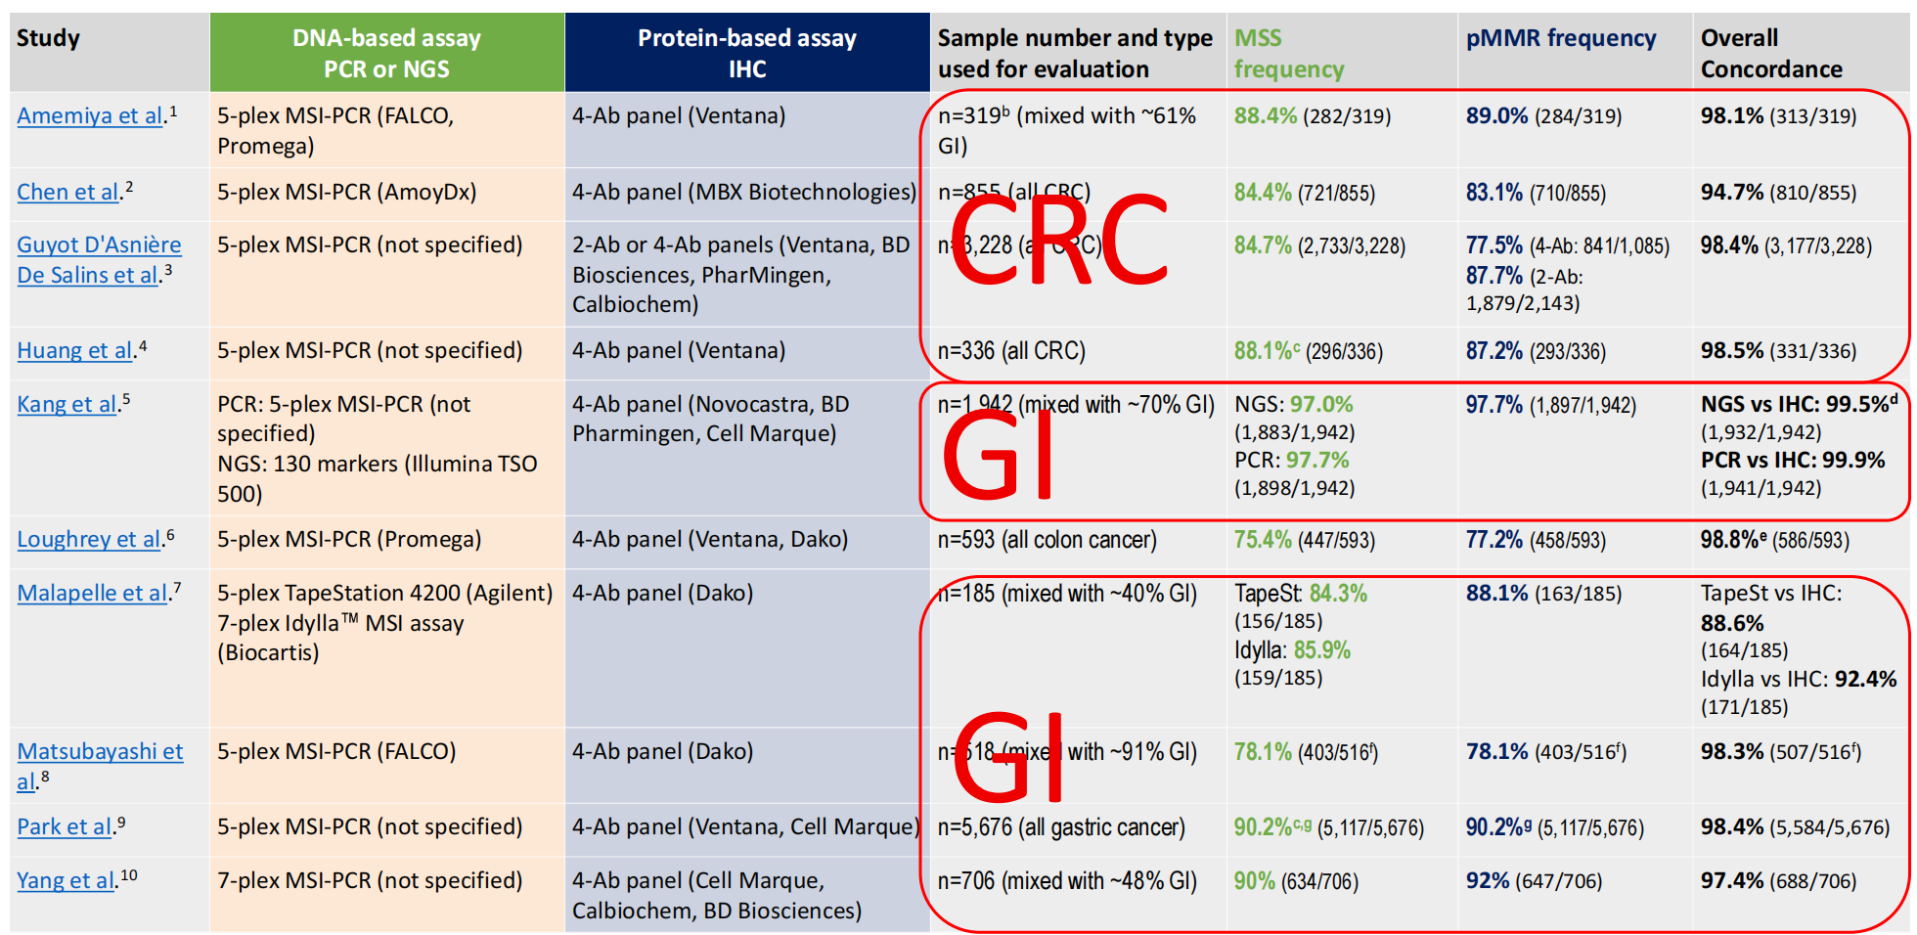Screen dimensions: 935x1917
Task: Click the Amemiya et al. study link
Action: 90,116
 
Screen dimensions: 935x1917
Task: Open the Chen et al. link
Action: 67,193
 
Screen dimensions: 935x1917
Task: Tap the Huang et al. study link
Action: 74,351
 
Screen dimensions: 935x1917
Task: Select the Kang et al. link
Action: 67,405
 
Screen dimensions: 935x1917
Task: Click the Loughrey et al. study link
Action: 88,540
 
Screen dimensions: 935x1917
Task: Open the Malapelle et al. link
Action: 92,594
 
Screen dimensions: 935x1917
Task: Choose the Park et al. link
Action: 65,827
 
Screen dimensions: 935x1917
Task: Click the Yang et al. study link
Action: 66,881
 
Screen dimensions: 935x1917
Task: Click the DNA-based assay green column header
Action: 386,53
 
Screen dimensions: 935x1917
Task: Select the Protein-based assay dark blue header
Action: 746,53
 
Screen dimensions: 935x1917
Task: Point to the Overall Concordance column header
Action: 1770,53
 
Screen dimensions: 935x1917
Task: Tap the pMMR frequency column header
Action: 1560,39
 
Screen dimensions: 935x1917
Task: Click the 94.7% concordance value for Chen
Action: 1731,193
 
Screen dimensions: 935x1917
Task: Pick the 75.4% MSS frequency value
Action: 1262,540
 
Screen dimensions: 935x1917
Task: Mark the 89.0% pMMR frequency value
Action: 1496,116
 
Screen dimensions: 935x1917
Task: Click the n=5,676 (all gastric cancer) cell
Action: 1060,827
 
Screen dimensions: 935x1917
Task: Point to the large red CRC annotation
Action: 1059,240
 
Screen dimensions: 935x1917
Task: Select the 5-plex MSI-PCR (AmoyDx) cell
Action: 346,193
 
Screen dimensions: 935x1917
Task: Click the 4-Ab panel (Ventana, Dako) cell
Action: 709,540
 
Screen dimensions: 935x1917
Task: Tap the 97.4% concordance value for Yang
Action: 1731,881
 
